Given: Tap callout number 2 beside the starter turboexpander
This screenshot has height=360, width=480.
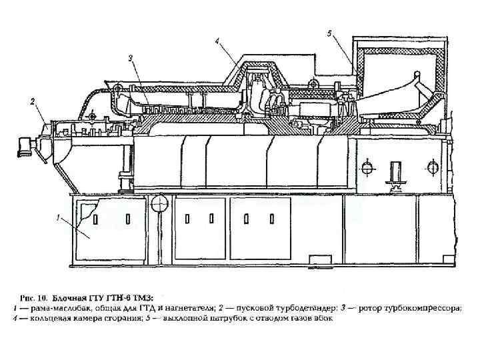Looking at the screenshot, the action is [x=30, y=102].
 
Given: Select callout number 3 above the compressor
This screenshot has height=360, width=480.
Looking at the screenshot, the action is [x=131, y=58].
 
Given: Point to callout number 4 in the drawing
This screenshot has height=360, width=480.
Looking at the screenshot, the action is [x=217, y=41].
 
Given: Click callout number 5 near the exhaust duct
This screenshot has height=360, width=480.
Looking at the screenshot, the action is [x=331, y=33].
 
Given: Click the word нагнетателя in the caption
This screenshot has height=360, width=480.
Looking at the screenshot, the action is [x=189, y=308].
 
